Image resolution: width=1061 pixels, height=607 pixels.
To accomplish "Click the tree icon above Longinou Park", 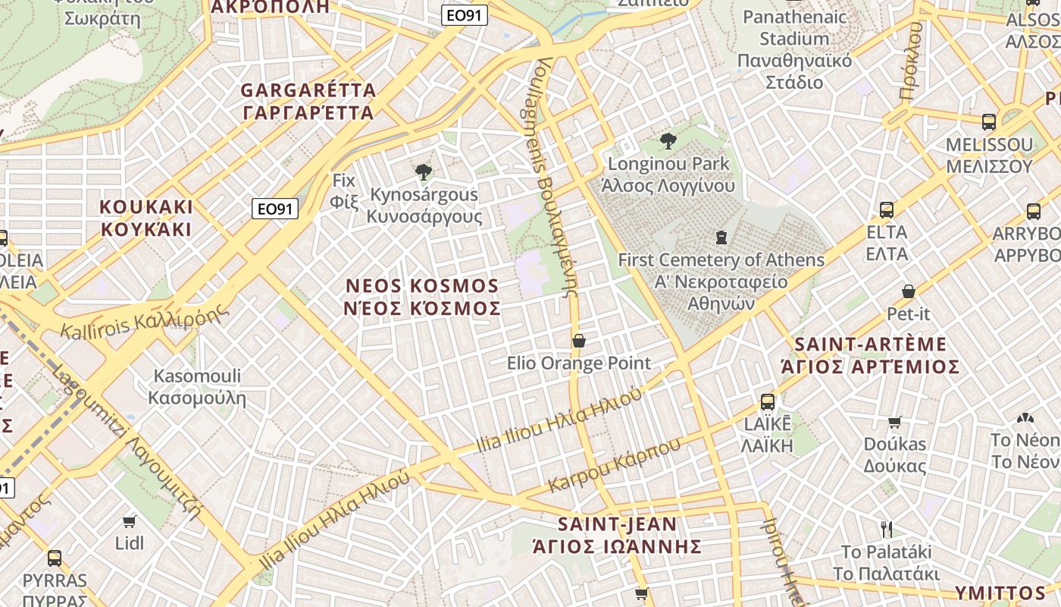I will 668,140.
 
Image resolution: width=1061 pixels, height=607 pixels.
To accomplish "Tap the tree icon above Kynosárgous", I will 424,172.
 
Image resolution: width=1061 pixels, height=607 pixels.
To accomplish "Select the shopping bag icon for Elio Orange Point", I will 579,341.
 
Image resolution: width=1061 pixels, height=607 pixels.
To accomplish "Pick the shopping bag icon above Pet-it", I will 908,291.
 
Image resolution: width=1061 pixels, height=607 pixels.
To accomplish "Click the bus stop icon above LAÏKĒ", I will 768,401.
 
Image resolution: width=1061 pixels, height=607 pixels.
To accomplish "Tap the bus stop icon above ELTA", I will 887,209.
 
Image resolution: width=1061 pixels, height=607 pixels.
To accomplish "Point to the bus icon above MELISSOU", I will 989,121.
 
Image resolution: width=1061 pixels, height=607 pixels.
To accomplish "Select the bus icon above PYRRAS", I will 55,558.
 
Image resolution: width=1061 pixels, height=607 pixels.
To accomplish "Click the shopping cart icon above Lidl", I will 130,521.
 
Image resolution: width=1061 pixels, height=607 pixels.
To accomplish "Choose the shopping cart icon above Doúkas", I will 895,422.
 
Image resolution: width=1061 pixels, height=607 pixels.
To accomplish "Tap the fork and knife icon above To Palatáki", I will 887,529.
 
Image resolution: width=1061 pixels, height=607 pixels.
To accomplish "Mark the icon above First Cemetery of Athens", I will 721,237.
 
